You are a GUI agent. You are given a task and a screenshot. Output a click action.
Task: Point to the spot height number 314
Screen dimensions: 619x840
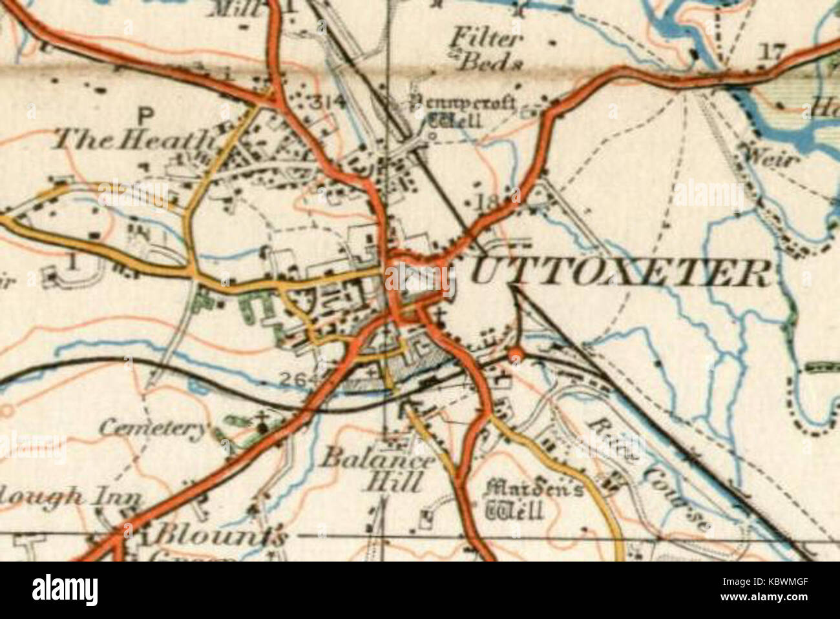coord(328,102)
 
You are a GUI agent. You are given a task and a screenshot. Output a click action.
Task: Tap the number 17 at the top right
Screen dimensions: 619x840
coord(772,51)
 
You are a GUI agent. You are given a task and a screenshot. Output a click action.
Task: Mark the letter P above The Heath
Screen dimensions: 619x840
coord(147,116)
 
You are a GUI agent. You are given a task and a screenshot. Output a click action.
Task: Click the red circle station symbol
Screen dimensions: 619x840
coord(516,353)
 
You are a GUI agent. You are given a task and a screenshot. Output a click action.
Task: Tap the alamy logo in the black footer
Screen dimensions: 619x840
coord(65,589)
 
